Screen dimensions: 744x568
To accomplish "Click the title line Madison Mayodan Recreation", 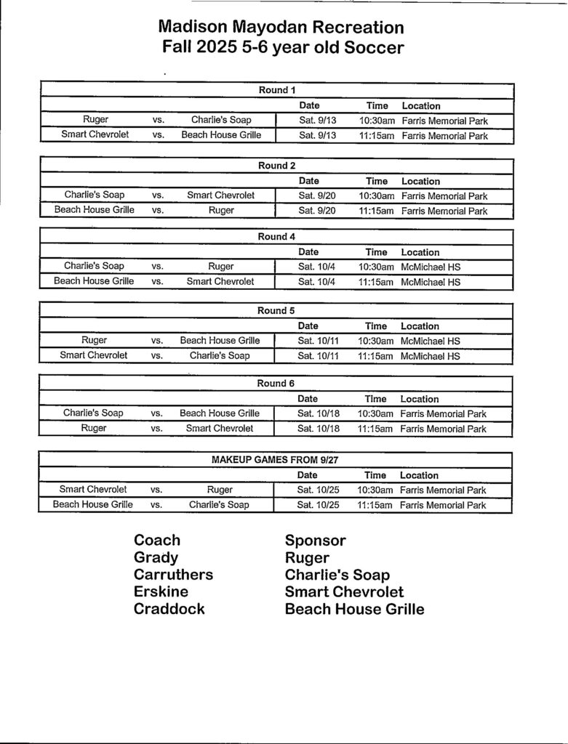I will [x=281, y=28].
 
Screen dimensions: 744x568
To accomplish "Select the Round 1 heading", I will [x=277, y=91].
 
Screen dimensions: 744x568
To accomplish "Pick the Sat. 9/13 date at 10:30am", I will [x=318, y=121].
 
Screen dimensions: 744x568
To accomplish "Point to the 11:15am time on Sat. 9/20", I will [x=376, y=211].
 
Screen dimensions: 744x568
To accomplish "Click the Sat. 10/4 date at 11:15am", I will [x=316, y=282].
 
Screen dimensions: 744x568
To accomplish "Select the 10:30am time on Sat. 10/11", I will [x=375, y=341].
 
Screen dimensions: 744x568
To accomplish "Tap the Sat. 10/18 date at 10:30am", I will [x=318, y=413].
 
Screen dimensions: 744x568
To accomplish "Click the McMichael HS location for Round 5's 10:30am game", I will [x=431, y=341].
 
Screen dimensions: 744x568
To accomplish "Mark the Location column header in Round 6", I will [x=420, y=399].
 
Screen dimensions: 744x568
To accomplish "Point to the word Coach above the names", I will [x=157, y=541].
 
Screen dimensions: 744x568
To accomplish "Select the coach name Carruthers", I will [x=173, y=575].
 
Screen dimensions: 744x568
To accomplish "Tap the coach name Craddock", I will [x=169, y=609].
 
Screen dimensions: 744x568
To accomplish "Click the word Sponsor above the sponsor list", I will [x=315, y=541].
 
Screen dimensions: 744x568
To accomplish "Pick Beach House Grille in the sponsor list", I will [x=354, y=609].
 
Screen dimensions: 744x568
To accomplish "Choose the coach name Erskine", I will [x=161, y=591].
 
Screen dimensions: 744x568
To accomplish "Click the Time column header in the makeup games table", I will [x=375, y=475].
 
